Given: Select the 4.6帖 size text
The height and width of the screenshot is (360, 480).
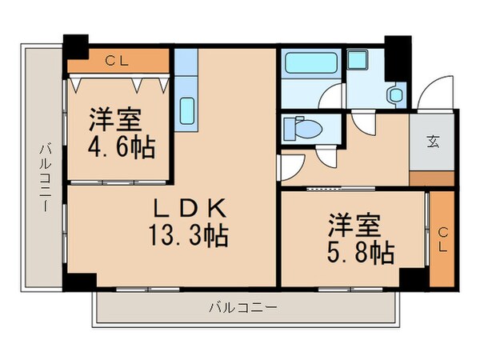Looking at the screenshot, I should (x=122, y=147).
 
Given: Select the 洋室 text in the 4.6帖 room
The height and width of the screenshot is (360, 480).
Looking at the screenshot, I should (x=116, y=120).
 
